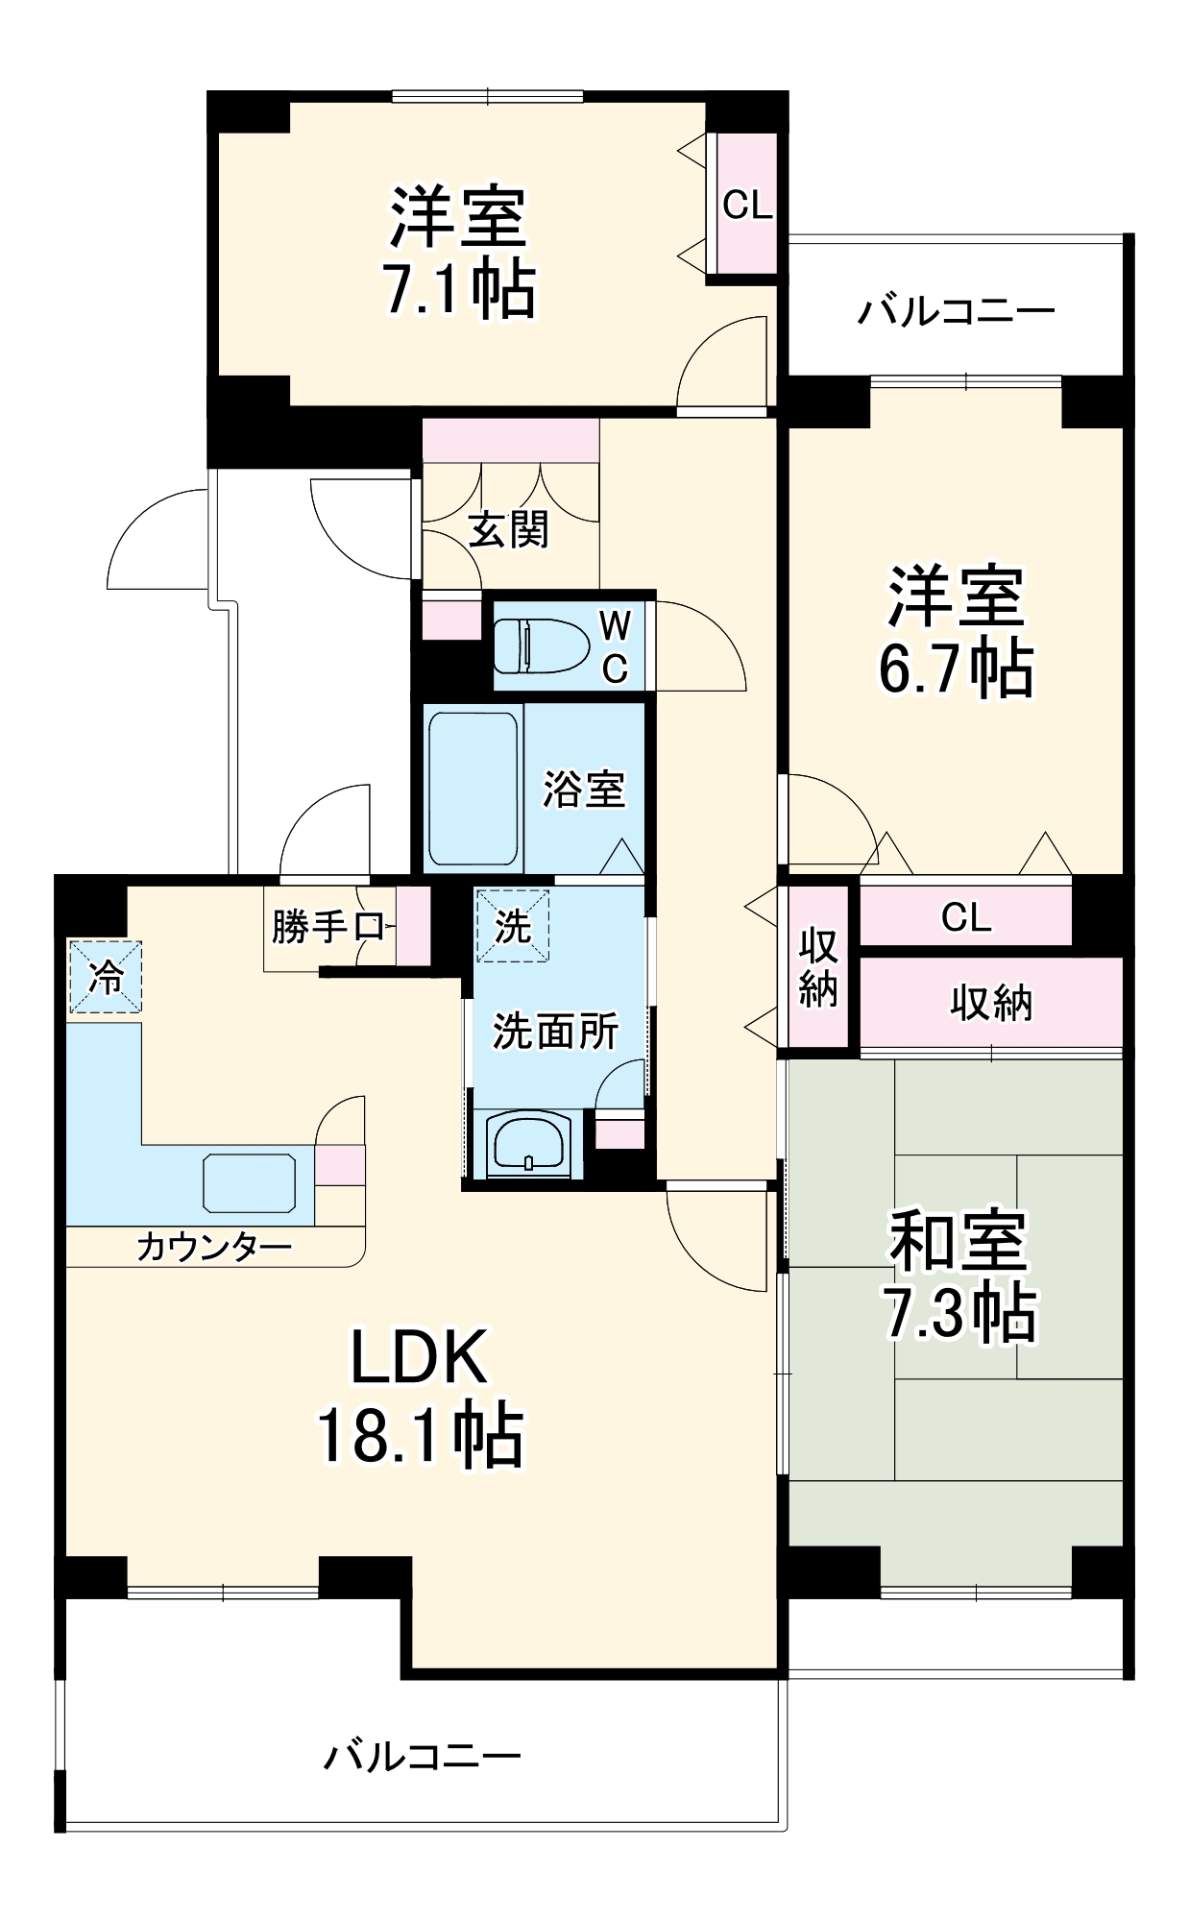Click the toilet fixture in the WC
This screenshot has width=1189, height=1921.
(540, 644)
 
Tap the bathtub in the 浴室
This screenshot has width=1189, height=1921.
(473, 788)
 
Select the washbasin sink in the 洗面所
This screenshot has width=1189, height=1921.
(527, 1143)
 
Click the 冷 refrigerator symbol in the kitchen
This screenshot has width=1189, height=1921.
(106, 977)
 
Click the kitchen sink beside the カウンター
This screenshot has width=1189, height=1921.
(249, 1183)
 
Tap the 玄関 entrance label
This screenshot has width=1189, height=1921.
(508, 529)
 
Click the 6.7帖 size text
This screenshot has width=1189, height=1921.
(956, 669)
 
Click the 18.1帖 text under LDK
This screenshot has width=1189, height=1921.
(420, 1435)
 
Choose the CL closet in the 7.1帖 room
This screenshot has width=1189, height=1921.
(747, 205)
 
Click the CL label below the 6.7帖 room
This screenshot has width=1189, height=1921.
(965, 917)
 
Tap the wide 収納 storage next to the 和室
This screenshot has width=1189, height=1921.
(990, 1002)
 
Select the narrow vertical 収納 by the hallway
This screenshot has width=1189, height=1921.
(818, 967)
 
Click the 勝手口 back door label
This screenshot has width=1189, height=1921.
(327, 927)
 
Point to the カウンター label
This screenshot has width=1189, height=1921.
(214, 1247)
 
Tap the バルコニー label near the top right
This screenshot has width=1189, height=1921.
(956, 311)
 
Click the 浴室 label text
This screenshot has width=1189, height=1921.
(583, 790)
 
